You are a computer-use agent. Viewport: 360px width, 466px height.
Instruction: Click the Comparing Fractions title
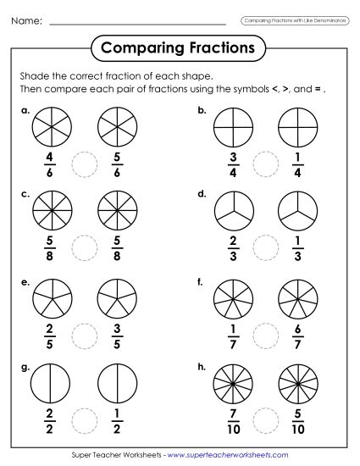pos(177,47)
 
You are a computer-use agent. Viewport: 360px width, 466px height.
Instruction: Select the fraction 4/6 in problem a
pos(51,162)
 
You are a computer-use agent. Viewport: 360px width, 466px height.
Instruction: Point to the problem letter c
pos(25,194)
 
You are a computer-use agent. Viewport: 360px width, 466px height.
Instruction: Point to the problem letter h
pos(202,363)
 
